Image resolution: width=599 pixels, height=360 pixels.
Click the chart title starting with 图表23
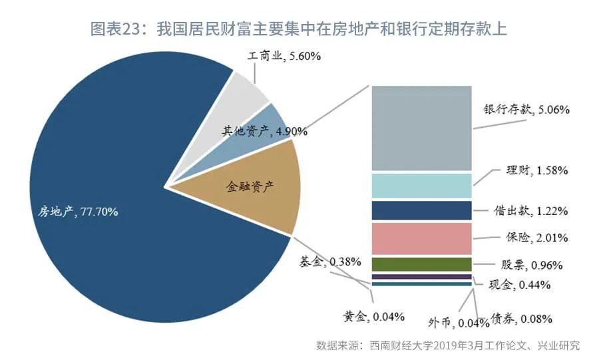(x=299, y=29)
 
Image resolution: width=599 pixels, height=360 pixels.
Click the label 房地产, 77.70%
(x=78, y=212)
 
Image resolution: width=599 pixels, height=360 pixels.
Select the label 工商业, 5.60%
(x=284, y=57)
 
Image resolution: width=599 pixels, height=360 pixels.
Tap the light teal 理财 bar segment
(x=421, y=186)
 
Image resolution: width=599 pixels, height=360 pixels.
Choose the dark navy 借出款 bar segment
(x=421, y=210)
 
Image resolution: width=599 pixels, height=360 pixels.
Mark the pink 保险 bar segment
(x=421, y=238)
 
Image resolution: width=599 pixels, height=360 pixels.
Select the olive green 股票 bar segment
(x=421, y=264)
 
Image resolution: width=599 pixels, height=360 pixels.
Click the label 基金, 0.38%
(x=330, y=260)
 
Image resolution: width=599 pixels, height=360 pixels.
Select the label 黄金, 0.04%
(x=373, y=316)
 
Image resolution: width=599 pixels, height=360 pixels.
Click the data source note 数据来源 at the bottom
(x=448, y=345)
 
